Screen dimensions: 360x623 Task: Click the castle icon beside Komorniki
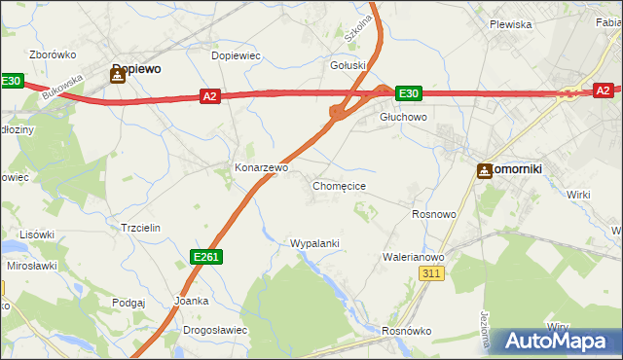click(x=485, y=170)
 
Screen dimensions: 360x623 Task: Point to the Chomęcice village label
click(x=339, y=185)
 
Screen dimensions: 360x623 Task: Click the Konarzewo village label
click(x=261, y=167)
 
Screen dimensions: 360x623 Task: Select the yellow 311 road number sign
click(x=433, y=275)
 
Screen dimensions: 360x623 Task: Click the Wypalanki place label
click(x=314, y=242)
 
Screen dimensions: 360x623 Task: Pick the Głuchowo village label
click(x=403, y=117)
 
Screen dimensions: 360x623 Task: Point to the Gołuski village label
click(x=348, y=65)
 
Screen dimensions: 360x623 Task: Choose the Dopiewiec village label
click(x=237, y=55)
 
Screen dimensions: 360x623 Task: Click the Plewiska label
click(x=510, y=24)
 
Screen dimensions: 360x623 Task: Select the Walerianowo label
click(x=414, y=257)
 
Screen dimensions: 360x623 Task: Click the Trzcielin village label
click(x=139, y=227)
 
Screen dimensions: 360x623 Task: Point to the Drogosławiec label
click(x=215, y=330)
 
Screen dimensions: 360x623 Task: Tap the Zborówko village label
click(x=54, y=54)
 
